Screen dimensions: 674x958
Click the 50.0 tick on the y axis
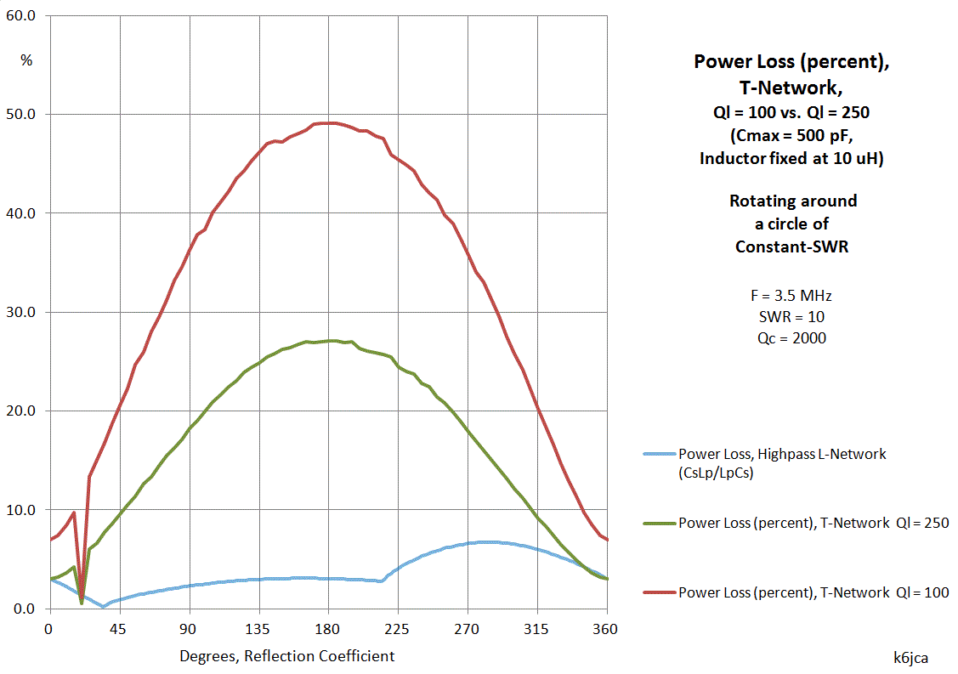click(22, 114)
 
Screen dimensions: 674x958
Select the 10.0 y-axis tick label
click(22, 510)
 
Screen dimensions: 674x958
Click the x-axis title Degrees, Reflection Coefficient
click(286, 656)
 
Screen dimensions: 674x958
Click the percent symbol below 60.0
click(26, 60)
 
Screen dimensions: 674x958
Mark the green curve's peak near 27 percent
click(332, 340)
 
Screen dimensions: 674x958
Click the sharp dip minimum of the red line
click(82, 600)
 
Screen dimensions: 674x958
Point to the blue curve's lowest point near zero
click(103, 606)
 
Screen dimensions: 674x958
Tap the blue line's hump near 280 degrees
click(485, 541)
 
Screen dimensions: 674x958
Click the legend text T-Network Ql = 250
click(813, 523)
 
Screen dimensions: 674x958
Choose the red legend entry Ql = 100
click(813, 592)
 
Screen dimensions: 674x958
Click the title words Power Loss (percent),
click(792, 62)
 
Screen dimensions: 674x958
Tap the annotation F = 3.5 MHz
click(792, 296)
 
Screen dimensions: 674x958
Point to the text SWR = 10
click(792, 317)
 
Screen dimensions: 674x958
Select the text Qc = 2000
click(792, 337)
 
